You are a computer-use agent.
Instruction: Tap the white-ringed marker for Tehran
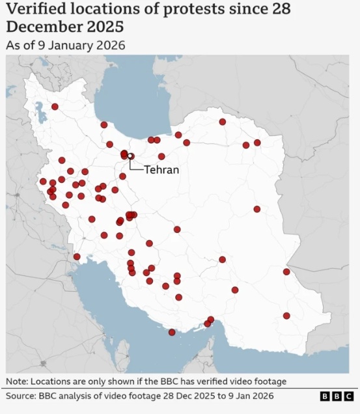130,156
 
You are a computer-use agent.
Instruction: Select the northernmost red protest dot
55,106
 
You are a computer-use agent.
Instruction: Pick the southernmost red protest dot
172,332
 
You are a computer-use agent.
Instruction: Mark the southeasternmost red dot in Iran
286,316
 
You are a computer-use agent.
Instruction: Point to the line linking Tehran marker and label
134,167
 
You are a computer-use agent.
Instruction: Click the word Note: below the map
16,381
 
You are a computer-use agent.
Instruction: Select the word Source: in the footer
21,396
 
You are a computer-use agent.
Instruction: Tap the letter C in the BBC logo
349,396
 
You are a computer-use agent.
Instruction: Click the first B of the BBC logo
325,396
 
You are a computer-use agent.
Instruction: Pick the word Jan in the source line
240,396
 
